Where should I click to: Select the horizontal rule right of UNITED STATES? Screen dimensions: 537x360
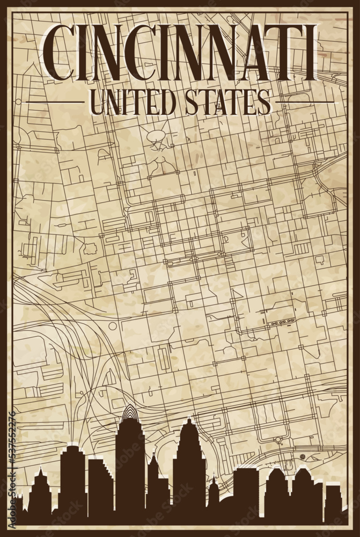[304, 102]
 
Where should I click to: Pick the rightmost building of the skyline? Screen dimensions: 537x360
[333, 499]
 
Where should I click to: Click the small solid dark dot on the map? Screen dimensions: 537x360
[303, 456]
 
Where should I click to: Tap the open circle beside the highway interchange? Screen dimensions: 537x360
[113, 326]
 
